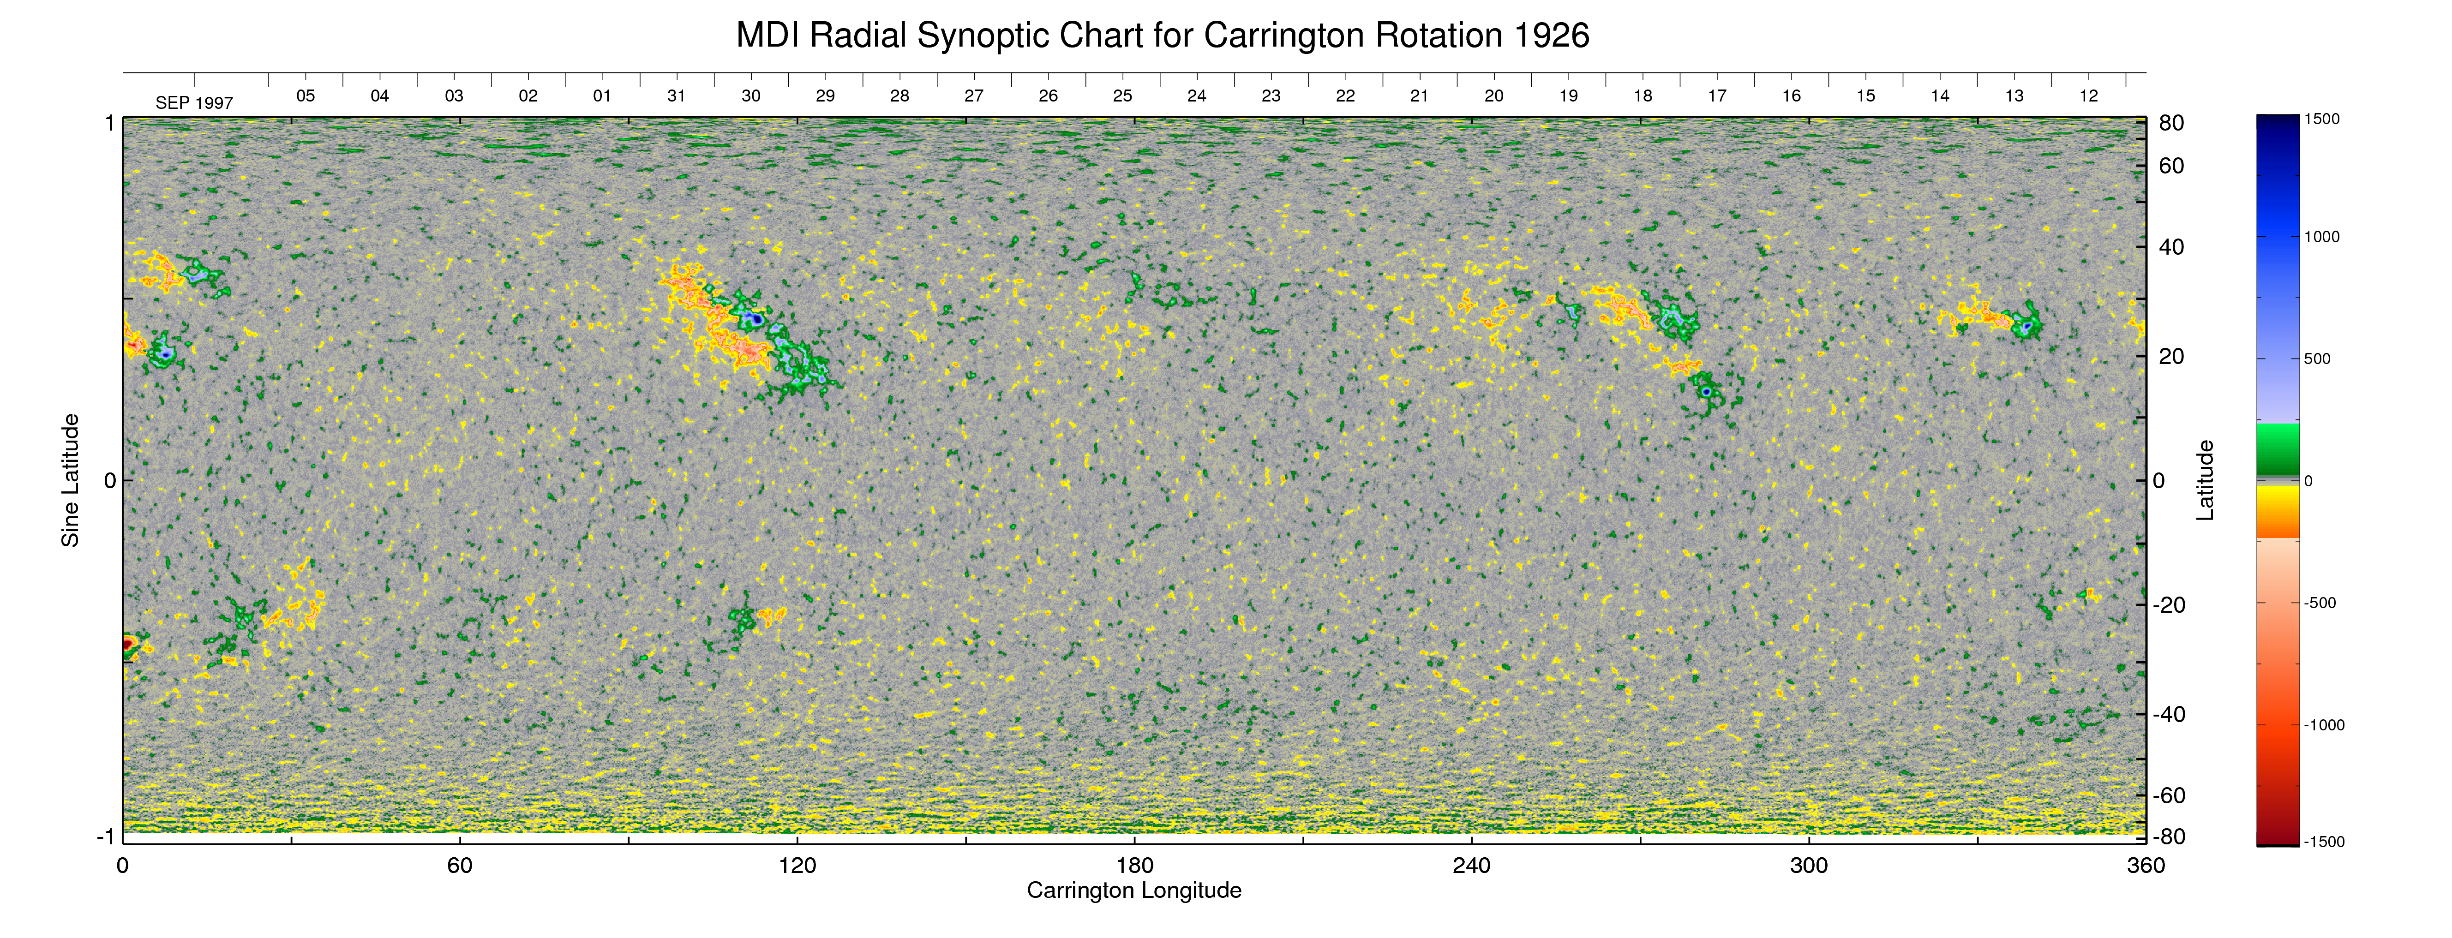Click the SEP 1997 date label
[x=194, y=103]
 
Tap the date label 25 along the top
[x=1122, y=96]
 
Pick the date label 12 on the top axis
[x=2088, y=96]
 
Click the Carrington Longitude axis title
[x=1133, y=890]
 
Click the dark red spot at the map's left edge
[x=127, y=645]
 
